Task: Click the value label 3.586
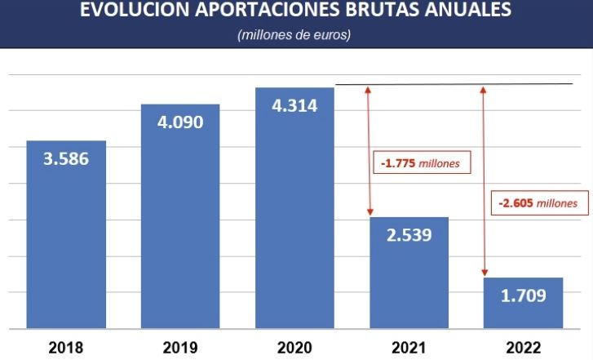(x=66, y=158)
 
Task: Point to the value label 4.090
(x=180, y=122)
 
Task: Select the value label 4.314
(x=294, y=105)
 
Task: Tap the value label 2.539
(x=409, y=235)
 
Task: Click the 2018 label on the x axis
(x=66, y=346)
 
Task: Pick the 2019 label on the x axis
(x=180, y=346)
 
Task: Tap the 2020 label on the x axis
(x=294, y=346)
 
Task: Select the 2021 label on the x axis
(x=409, y=346)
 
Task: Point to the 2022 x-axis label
(x=523, y=346)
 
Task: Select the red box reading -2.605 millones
(x=538, y=202)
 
